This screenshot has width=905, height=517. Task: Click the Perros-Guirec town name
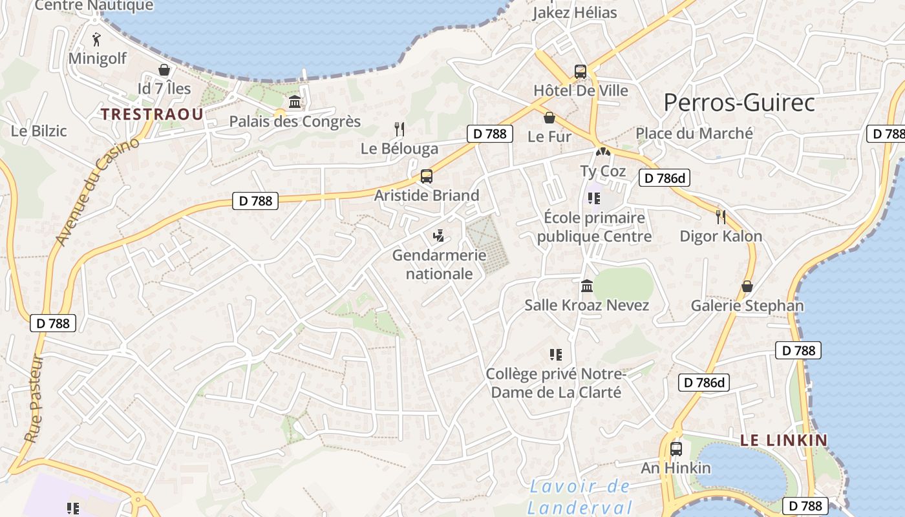click(x=739, y=103)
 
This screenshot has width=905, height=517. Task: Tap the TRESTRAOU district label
click(x=152, y=114)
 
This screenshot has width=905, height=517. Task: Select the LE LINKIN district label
click(x=783, y=441)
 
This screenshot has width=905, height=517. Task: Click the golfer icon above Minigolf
click(x=97, y=39)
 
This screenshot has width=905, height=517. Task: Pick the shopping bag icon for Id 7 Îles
click(x=164, y=69)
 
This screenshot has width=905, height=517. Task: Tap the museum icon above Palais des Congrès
click(x=295, y=102)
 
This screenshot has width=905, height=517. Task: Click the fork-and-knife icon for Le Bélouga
click(x=399, y=129)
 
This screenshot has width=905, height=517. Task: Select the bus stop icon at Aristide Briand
click(x=426, y=176)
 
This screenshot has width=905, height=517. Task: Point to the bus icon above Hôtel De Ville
click(x=580, y=71)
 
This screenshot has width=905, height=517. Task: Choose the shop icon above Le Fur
click(x=549, y=118)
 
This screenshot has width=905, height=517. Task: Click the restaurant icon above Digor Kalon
click(x=721, y=216)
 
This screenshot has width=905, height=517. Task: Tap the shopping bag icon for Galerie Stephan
click(x=747, y=286)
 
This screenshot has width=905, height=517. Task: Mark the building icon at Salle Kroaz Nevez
click(x=587, y=286)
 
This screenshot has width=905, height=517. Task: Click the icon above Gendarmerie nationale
click(x=439, y=236)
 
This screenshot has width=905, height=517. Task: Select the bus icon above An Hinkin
click(x=676, y=448)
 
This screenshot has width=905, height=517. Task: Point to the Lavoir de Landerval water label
click(x=579, y=496)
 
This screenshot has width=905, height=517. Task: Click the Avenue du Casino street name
click(x=98, y=191)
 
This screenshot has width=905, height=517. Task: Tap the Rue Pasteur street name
click(x=35, y=399)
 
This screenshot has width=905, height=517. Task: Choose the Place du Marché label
click(x=694, y=133)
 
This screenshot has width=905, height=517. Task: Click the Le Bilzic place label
click(x=39, y=131)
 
